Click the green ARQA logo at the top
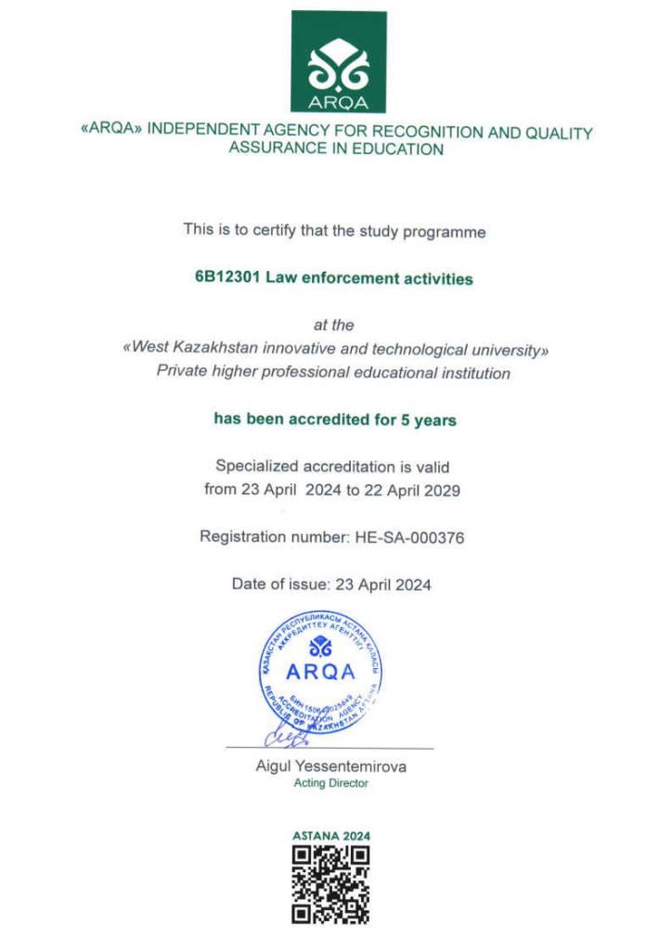pos(338,62)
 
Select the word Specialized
pos(253,466)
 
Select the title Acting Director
pos(330,783)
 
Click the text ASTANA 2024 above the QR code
pos(331,835)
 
